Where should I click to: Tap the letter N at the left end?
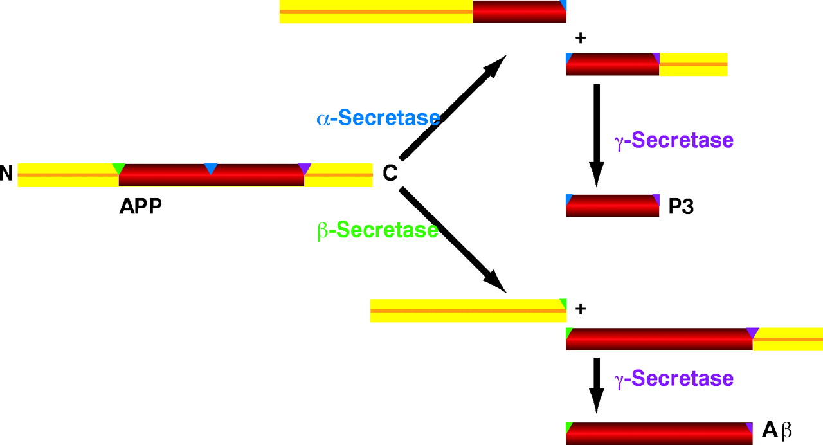click(x=6, y=174)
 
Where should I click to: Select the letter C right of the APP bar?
click(x=390, y=174)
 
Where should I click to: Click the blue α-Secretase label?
click(x=378, y=118)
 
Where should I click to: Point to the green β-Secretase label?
click(x=377, y=230)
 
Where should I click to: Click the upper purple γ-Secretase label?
click(x=674, y=140)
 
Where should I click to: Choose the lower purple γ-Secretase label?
click(x=674, y=378)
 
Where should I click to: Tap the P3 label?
click(x=681, y=207)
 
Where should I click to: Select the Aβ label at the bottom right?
click(x=776, y=430)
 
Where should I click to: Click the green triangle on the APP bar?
click(x=118, y=168)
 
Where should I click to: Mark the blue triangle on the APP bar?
click(x=210, y=168)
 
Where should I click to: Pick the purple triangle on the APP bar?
click(x=305, y=168)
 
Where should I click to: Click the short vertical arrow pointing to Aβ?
click(x=597, y=384)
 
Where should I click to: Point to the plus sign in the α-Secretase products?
click(x=581, y=38)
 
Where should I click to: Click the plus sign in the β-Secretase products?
click(x=581, y=309)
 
